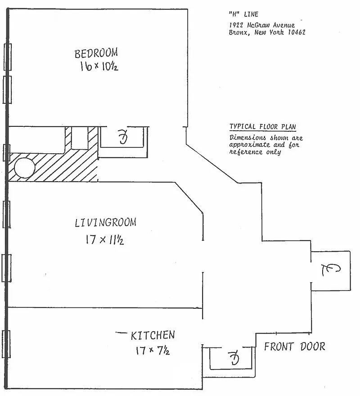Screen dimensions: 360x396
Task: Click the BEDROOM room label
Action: click(96, 53)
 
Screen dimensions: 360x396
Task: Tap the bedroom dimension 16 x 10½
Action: click(99, 67)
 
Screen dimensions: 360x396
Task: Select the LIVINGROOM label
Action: click(105, 222)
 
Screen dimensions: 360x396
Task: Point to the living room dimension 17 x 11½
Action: click(105, 240)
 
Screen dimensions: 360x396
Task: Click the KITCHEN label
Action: click(153, 335)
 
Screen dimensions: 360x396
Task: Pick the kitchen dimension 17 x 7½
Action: click(153, 350)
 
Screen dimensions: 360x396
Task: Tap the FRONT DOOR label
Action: click(294, 347)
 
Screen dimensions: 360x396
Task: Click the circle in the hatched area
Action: click(24, 168)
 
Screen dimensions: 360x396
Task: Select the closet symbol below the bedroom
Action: click(122, 137)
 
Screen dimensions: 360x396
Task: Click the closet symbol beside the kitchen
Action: click(234, 358)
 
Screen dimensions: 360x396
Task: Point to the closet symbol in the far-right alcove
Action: click(331, 270)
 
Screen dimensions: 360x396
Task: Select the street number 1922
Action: click(236, 25)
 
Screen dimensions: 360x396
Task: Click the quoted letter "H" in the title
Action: click(234, 14)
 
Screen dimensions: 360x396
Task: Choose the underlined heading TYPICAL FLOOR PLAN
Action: click(263, 126)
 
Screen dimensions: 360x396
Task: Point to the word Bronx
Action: click(238, 32)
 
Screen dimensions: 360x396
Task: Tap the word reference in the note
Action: click(246, 152)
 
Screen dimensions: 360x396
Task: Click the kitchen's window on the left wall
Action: click(6, 344)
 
